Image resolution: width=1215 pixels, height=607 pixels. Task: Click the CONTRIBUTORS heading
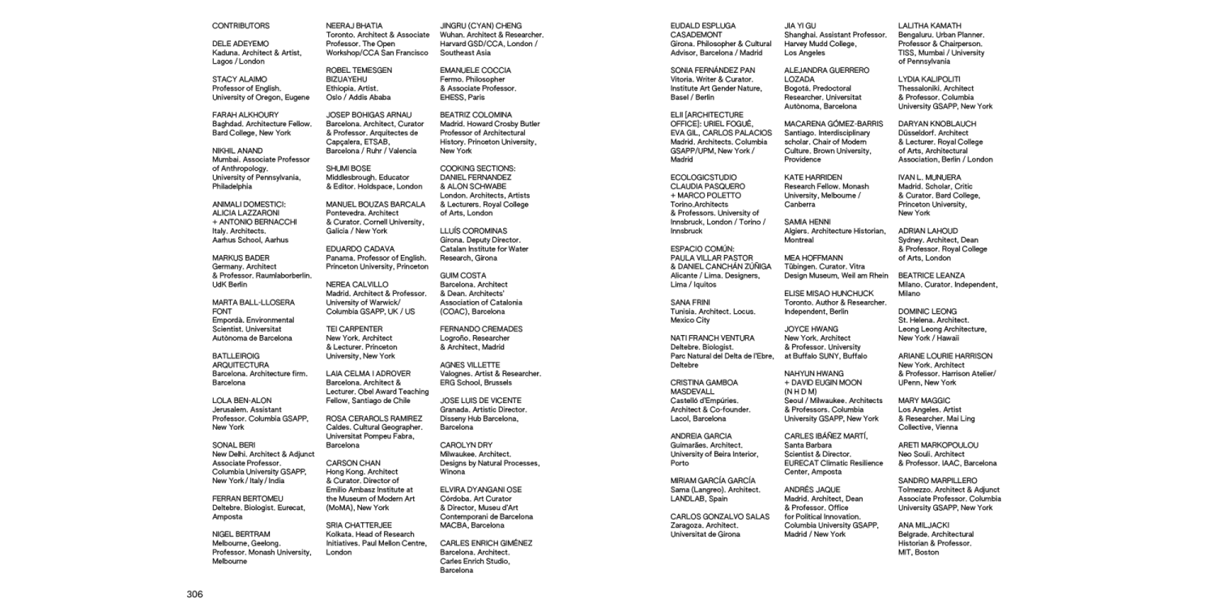[241, 26]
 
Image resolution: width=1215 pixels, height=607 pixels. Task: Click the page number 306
[195, 594]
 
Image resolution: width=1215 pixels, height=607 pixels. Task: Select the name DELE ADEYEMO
[241, 44]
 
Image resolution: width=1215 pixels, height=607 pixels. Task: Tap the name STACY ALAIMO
[239, 79]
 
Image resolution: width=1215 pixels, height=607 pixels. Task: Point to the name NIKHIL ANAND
[237, 151]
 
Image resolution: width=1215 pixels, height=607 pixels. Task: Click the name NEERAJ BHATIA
[354, 26]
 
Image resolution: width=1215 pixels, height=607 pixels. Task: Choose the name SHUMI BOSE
[348, 168]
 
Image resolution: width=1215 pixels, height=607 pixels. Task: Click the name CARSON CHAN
[353, 463]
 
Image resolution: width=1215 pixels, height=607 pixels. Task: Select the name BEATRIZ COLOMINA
[475, 115]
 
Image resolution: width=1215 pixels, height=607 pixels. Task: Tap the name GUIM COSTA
[463, 275]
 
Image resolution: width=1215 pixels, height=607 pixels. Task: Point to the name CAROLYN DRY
[466, 445]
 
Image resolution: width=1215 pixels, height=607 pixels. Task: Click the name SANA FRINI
[690, 302]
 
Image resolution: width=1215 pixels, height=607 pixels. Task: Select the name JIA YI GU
[800, 26]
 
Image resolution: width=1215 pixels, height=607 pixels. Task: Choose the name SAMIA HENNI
[807, 222]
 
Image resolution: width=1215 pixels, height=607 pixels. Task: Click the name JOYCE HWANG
[811, 329]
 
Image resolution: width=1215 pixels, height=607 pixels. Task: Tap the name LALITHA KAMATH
[930, 26]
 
